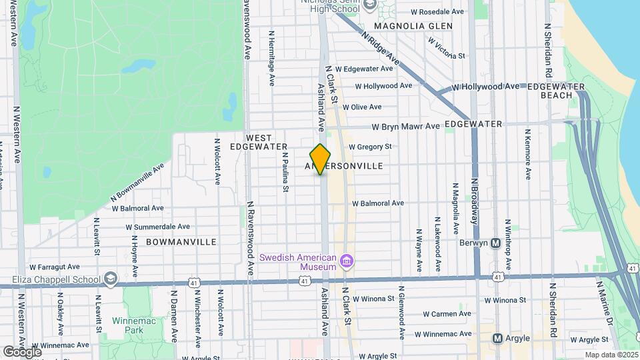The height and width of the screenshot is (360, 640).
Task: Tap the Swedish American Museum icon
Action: click(x=346, y=259)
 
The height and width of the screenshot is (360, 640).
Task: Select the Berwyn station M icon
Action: click(x=495, y=243)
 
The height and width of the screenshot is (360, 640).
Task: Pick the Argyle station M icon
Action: click(x=497, y=339)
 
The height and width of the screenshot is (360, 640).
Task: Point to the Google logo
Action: click(x=22, y=351)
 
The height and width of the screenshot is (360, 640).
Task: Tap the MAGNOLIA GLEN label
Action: click(x=413, y=26)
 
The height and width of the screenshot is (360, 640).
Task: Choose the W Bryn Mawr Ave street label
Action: click(x=405, y=127)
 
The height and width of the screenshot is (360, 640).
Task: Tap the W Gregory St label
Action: click(x=369, y=147)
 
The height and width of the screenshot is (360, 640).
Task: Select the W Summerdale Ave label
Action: click(x=157, y=227)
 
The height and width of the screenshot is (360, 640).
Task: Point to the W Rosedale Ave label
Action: click(x=437, y=12)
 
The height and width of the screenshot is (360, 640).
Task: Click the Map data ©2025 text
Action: click(x=611, y=355)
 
